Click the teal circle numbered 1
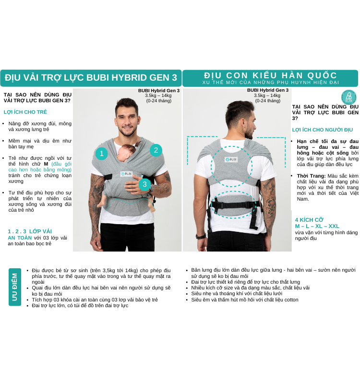102,153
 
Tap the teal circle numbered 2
156,150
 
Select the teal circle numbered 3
144,184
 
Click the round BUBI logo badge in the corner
349,97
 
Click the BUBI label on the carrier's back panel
231,159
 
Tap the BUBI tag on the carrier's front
126,174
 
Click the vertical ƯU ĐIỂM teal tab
15,287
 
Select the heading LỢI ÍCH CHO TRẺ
25,112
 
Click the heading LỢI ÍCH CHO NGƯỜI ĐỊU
322,130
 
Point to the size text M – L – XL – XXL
317,226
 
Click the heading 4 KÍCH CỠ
309,220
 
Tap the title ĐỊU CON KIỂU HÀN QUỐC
270,75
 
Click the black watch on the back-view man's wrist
201,236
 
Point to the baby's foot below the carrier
153,208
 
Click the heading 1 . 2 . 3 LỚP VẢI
30,231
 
